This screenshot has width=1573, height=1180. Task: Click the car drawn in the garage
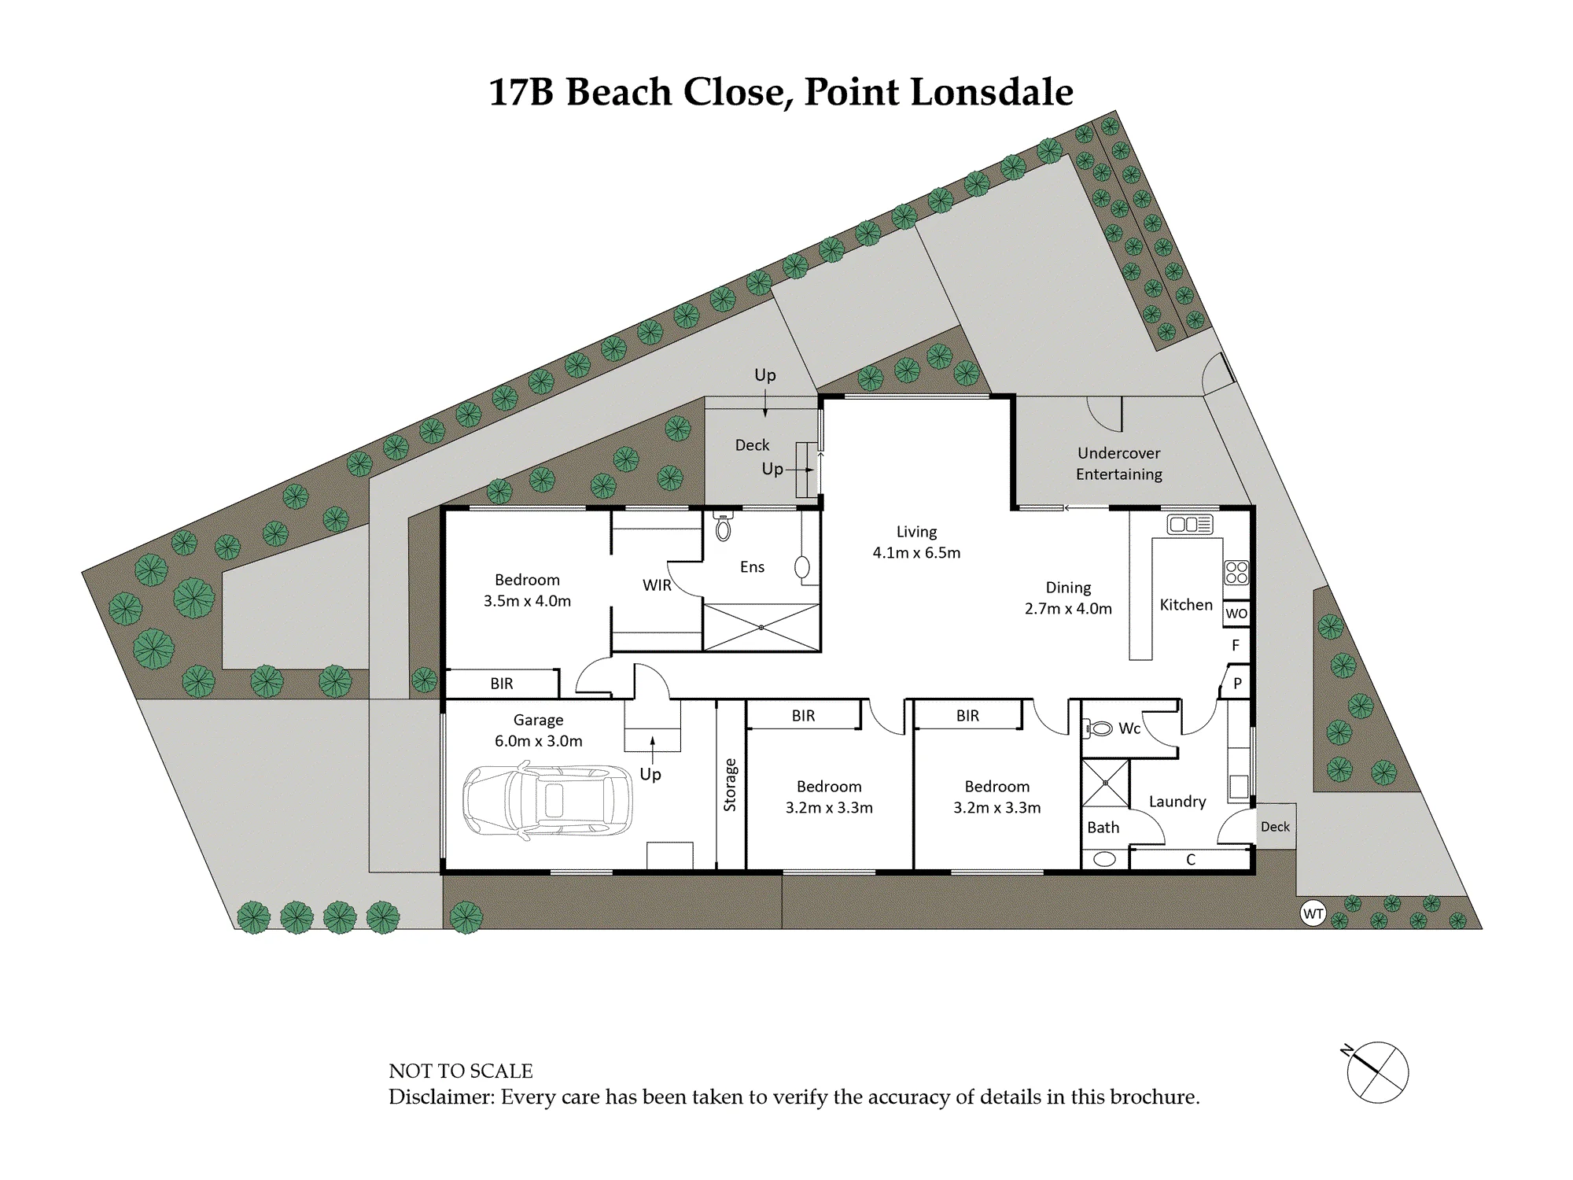click(x=547, y=800)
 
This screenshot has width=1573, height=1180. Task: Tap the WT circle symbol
click(x=1313, y=913)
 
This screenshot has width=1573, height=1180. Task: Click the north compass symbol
click(x=1376, y=1071)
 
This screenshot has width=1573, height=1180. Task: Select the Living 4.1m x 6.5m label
click(x=916, y=542)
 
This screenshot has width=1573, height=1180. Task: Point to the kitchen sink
click(x=1190, y=524)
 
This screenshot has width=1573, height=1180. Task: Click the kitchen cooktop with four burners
click(x=1236, y=572)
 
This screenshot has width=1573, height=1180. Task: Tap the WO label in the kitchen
click(x=1236, y=614)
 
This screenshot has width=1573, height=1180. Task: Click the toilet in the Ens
click(x=724, y=525)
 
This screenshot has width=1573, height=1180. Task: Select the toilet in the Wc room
click(x=1098, y=728)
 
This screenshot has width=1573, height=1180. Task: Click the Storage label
click(x=730, y=784)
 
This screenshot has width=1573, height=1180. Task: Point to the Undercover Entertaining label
click(x=1119, y=463)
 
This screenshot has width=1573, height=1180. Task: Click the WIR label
click(x=657, y=585)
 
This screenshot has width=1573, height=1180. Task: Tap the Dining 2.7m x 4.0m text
click(x=1068, y=598)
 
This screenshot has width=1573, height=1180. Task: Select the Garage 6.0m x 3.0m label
click(x=539, y=730)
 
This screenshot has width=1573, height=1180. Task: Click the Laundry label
click(x=1177, y=802)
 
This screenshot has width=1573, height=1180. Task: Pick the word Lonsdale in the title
click(x=992, y=92)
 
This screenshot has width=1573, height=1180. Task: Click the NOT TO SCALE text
click(x=461, y=1071)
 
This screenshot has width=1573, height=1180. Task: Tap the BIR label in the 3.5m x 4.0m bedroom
click(x=502, y=684)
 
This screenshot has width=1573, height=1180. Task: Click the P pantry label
click(x=1237, y=684)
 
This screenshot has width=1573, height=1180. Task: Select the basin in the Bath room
click(x=1104, y=859)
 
